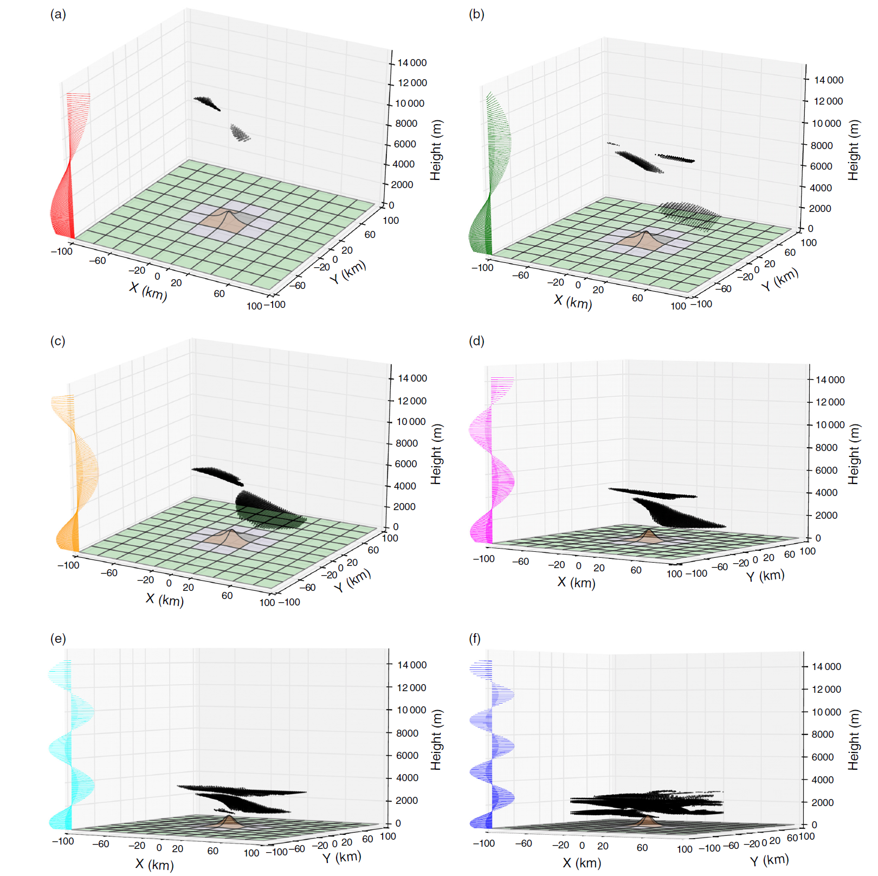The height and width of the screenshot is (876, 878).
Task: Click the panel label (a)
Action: coord(58,15)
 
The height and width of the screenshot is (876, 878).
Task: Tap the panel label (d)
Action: coord(476,341)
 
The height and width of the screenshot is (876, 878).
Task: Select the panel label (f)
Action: coord(475,639)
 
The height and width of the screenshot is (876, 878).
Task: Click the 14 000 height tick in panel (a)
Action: coord(411,63)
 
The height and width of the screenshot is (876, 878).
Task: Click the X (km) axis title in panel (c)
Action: coord(165,600)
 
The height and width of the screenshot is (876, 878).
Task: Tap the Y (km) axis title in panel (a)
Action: coord(348,272)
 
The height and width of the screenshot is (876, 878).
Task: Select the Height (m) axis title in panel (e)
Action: coord(436,740)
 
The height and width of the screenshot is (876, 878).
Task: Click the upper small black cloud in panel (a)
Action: coord(207,102)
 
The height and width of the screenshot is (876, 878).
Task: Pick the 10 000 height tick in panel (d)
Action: coord(830,425)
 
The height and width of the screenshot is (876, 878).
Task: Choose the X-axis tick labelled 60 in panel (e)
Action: coord(213,851)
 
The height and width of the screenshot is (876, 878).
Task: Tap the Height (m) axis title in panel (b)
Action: coord(854,150)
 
